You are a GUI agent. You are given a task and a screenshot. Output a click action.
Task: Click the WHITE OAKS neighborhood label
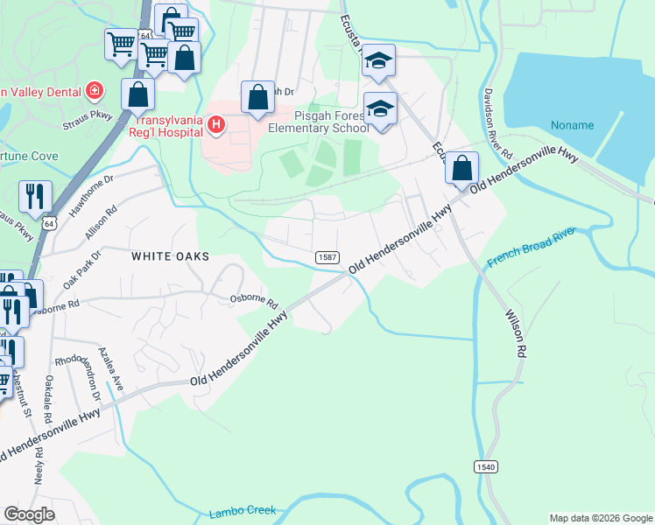pyautogui.click(x=171, y=256)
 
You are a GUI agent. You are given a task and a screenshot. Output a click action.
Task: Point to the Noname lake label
pyautogui.click(x=573, y=125)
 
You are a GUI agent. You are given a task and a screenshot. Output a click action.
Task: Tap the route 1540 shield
pyautogui.click(x=487, y=467)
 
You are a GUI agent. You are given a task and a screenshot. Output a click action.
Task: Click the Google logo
pyautogui.click(x=29, y=514)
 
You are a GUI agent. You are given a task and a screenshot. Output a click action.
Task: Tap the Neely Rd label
pyautogui.click(x=39, y=472)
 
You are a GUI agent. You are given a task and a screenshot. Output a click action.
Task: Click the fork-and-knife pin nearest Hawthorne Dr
pyautogui.click(x=35, y=197)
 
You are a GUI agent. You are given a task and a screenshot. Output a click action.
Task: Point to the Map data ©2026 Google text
pyautogui.click(x=600, y=518)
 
